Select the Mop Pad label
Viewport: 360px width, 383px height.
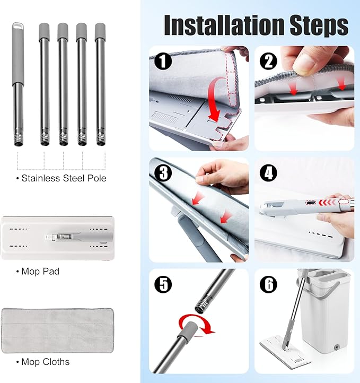pos(40,271)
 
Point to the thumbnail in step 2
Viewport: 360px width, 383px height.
pos(305,62)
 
